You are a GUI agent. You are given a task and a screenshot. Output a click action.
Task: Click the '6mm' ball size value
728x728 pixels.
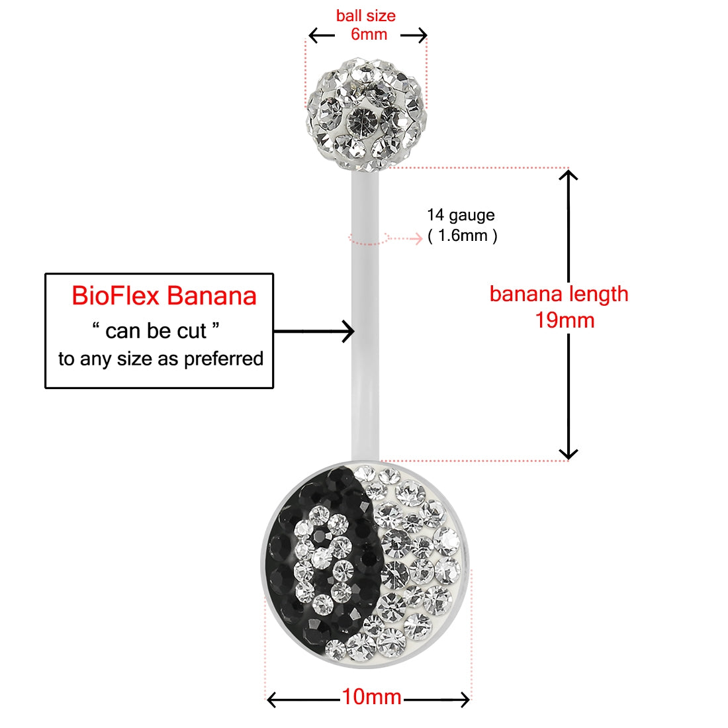coord(369,34)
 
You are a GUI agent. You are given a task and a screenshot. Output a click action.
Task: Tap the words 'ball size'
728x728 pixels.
coord(366,16)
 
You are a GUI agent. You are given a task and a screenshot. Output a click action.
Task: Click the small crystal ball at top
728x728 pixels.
coord(366,114)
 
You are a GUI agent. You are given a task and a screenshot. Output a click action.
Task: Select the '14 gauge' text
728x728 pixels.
coord(461,216)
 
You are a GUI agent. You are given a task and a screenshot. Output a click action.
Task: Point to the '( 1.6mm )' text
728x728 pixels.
coord(463,236)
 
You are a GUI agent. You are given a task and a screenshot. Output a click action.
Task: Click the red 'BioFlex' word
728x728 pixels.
coord(116,296)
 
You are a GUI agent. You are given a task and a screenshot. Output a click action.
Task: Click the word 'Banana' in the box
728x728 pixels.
coord(211,296)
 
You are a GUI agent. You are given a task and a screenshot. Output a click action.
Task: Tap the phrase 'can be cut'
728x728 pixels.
coord(156,331)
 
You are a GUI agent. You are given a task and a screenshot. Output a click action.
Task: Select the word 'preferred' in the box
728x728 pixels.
coord(224,359)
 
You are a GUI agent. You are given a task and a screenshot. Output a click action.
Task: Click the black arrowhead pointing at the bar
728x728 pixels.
coord(349,332)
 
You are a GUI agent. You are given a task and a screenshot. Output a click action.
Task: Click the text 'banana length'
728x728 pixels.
coord(559,295)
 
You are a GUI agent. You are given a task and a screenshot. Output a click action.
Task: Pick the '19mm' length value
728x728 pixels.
coord(565,320)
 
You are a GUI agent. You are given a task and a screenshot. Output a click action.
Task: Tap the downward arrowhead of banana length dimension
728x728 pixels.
coord(569,453)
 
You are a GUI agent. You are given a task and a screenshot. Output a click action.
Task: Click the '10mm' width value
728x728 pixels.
coord(371,697)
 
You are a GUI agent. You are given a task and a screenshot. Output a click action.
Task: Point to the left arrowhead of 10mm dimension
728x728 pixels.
coord(272,700)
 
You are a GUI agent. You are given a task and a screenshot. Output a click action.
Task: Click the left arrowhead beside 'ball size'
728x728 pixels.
coord(314,35)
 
